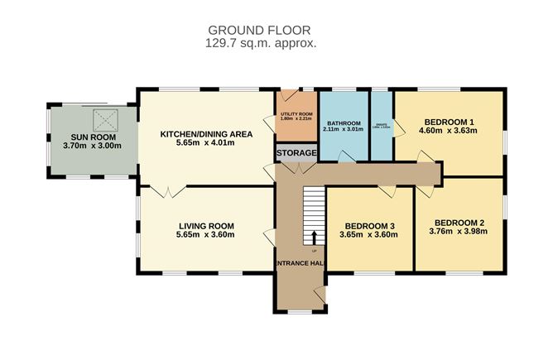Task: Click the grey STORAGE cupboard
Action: (296, 154)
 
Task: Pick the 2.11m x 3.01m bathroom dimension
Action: (343, 129)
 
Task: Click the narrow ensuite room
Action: (381, 124)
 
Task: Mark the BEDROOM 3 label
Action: (369, 225)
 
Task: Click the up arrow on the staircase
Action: (314, 238)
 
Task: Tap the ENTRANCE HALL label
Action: (298, 263)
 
